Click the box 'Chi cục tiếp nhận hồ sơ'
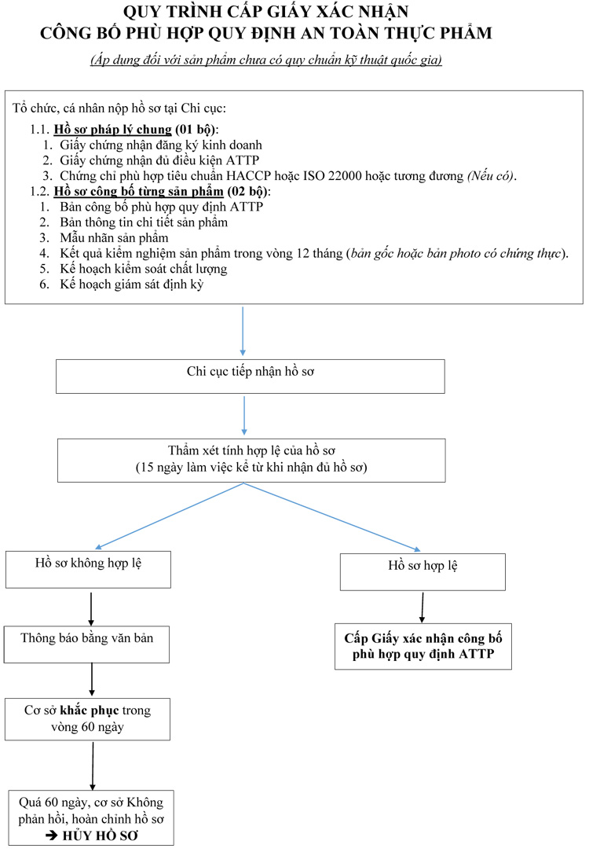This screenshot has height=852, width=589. (251, 376)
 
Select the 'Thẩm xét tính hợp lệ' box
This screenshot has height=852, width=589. (251, 461)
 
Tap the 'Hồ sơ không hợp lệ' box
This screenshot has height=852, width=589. (89, 570)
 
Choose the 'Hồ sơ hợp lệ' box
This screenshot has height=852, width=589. (423, 571)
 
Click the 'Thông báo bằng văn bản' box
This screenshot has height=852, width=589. (87, 645)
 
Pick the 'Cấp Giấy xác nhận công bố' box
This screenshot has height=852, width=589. (423, 646)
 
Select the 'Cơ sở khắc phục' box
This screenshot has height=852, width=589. (87, 719)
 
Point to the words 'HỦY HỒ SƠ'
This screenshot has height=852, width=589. (101, 835)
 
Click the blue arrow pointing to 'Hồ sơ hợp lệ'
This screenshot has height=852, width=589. (332, 516)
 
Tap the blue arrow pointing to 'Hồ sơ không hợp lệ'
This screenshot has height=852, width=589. (170, 516)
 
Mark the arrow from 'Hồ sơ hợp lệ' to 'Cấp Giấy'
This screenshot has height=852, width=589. (423, 607)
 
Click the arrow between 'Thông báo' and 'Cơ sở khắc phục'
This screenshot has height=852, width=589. (92, 680)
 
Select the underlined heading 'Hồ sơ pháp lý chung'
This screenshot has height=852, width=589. (112, 130)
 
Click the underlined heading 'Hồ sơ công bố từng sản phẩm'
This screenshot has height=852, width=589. (138, 191)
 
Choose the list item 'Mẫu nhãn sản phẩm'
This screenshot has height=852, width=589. (114, 238)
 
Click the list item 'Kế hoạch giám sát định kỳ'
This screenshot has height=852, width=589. (131, 285)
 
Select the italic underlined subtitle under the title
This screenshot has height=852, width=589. (266, 60)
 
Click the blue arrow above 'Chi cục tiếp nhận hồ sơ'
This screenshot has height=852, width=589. (243, 331)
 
